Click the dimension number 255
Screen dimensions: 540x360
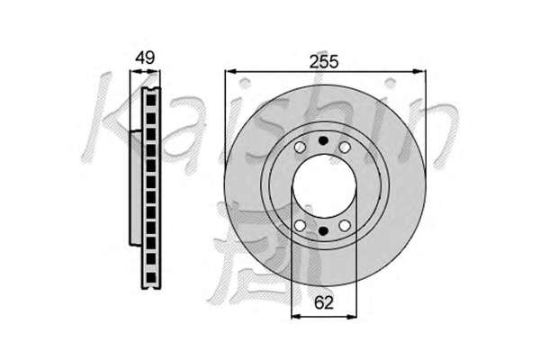pos(324,62)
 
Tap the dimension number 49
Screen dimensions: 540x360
pos(145,58)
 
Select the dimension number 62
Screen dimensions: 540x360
pos(324,302)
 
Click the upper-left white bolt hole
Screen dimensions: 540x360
pos(300,147)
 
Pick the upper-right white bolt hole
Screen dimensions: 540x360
pos(345,147)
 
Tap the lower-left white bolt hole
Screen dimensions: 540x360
pos(301,226)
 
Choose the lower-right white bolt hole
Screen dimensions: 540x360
pos(345,226)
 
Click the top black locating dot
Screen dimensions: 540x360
pos(323,140)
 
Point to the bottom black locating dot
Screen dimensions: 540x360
pos(323,231)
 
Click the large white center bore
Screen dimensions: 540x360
pos(324,186)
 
